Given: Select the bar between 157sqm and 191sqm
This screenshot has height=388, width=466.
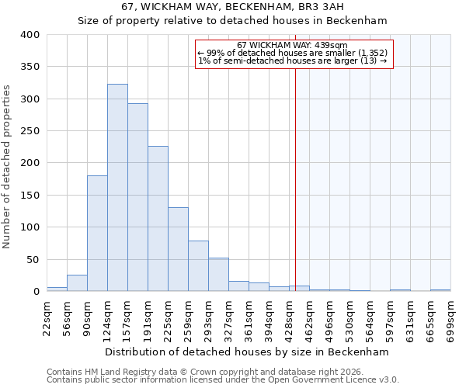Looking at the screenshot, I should coord(137,198).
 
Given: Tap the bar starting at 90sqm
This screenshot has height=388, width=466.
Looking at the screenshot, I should coord(97,233).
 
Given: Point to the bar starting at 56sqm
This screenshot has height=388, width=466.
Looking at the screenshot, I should coord(77,283).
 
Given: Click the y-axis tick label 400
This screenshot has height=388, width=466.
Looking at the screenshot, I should coord(30,35).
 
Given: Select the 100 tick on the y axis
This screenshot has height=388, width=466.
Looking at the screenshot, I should coord(30,227).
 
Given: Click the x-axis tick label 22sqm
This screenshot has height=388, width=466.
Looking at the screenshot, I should coord(47,317).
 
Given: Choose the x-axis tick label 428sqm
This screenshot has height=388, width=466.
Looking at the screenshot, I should coord(289,317).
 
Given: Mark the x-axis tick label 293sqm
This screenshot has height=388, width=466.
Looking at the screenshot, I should coord(208,317).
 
